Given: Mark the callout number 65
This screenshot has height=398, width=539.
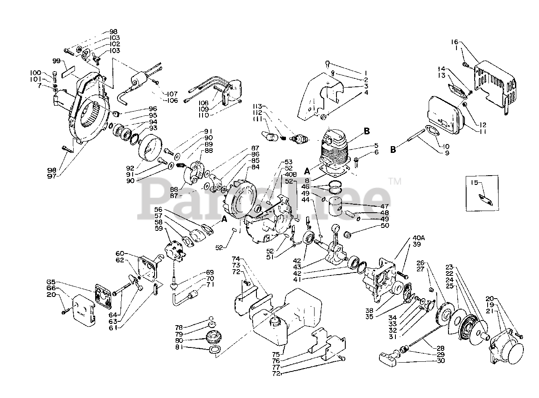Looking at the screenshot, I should point(51,282).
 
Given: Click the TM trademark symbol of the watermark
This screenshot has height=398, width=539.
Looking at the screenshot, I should point(395,182).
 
